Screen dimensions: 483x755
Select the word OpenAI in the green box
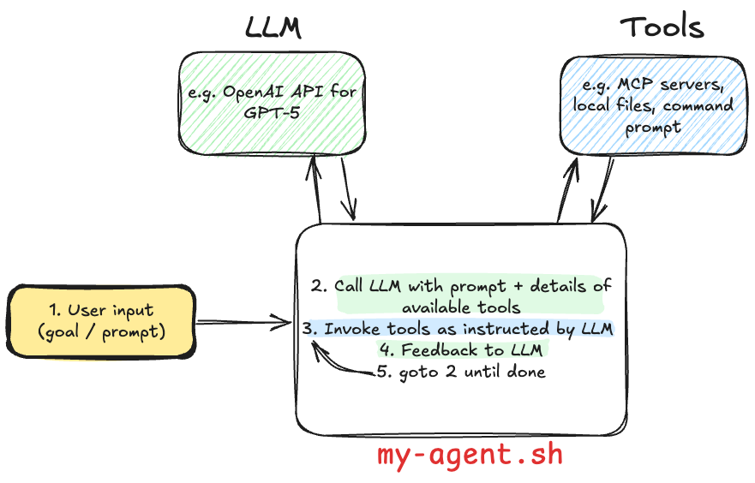click(254, 92)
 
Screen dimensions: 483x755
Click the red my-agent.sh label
click(470, 455)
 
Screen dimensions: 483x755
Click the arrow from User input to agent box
click(244, 323)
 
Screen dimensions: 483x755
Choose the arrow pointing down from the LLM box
click(347, 193)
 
